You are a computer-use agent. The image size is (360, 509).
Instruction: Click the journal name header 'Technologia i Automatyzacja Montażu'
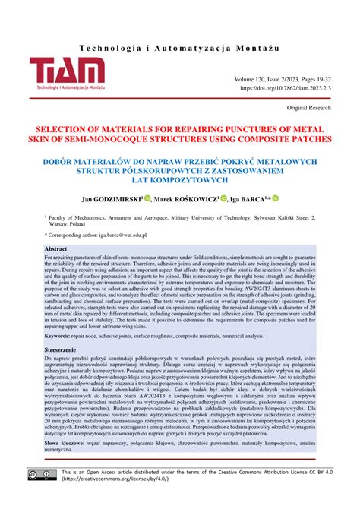coord(179,26)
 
